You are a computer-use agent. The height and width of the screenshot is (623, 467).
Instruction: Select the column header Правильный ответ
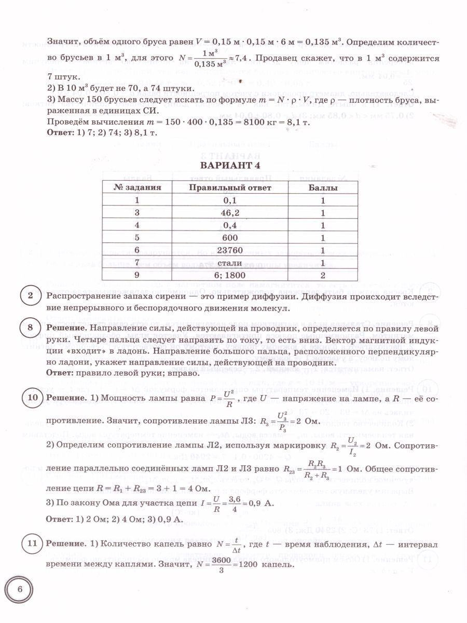(224, 187)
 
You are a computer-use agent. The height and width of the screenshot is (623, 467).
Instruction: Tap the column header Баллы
(323, 187)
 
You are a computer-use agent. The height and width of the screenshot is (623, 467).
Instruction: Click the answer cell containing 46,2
(224, 212)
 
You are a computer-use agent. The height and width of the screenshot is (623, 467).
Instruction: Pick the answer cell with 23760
(224, 250)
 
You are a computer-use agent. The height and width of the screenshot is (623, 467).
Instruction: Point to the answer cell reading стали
(224, 263)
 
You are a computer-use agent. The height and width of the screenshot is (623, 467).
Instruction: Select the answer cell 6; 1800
(224, 275)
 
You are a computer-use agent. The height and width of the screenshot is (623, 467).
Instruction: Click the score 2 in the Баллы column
(323, 275)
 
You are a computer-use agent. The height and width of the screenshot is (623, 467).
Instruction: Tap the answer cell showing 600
(224, 237)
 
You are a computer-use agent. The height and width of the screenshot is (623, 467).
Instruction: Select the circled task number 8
(31, 328)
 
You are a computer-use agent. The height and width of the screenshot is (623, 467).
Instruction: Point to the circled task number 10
(31, 398)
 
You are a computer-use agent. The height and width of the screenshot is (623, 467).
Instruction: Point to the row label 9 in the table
(138, 275)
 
